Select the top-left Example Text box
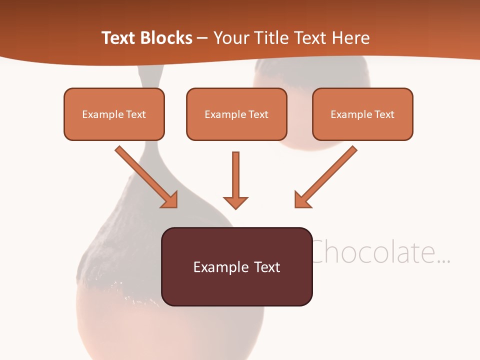pyautogui.click(x=114, y=114)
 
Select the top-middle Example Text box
pyautogui.click(x=236, y=114)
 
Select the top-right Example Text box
pyautogui.click(x=362, y=114)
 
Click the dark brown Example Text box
pyautogui.click(x=236, y=266)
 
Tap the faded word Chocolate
pyautogui.click(x=380, y=252)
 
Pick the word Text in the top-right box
pyautogui.click(x=384, y=114)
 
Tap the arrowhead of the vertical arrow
pyautogui.click(x=235, y=202)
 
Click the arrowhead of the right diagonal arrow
pyautogui.click(x=301, y=201)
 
